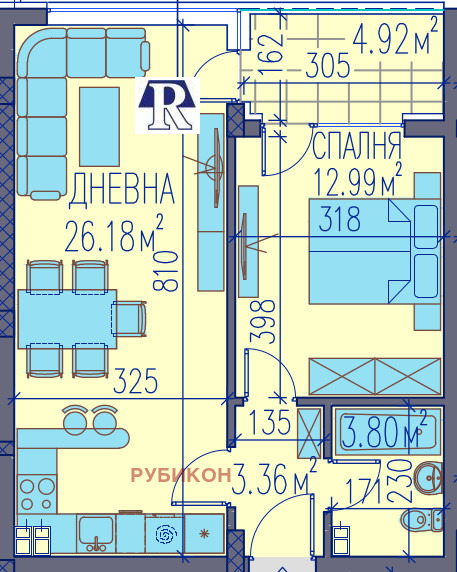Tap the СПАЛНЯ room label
pyautogui.click(x=357, y=141)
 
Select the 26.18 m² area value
pyautogui.click(x=114, y=237)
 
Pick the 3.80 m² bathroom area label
pyautogui.click(x=385, y=433)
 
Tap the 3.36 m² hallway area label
pyautogui.click(x=275, y=482)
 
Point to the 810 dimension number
pyautogui.click(x=168, y=270)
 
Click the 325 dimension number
pyautogui.click(x=137, y=381)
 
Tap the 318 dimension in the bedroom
pyautogui.click(x=339, y=222)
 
